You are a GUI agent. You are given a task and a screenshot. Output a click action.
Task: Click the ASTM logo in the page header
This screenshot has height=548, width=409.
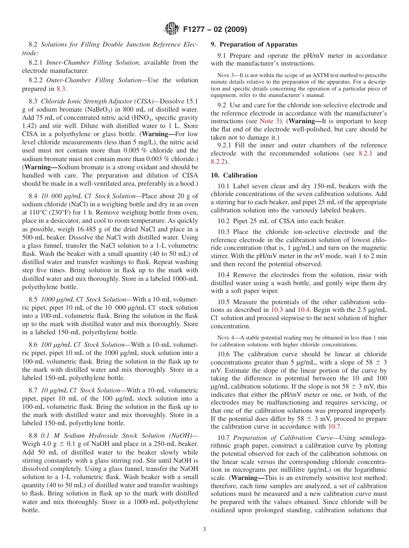click(x=172, y=30)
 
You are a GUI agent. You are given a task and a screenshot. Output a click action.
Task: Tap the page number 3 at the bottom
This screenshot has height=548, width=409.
click(x=204, y=529)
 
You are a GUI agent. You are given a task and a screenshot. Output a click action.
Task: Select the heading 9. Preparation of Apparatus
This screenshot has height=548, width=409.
click(x=254, y=44)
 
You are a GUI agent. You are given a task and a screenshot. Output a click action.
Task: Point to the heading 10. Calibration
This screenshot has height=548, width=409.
click(x=234, y=175)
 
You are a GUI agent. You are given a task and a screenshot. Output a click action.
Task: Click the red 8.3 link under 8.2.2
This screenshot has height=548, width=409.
click(x=62, y=89)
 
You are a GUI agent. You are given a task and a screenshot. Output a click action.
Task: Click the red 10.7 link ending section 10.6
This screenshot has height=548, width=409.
click(x=335, y=427)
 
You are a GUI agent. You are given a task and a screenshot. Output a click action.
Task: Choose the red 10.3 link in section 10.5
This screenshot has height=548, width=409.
click(x=277, y=310)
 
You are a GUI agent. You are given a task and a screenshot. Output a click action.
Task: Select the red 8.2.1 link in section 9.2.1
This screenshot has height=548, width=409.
click(x=366, y=154)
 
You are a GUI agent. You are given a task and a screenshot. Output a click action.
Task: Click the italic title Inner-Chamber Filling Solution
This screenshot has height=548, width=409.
click(x=93, y=62)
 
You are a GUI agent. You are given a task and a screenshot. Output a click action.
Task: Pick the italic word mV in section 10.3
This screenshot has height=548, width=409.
click(x=317, y=256)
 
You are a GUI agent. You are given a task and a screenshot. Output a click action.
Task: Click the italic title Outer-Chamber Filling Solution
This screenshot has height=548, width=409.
click(x=93, y=80)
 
